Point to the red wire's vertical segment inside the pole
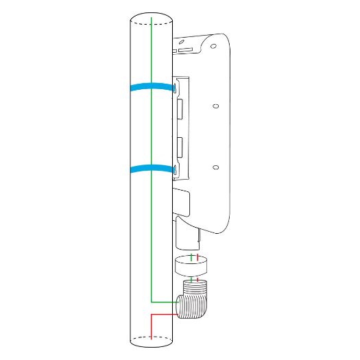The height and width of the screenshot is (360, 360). [151, 326]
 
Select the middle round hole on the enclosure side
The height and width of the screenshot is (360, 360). [215, 106]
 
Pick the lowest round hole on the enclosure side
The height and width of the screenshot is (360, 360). [215, 167]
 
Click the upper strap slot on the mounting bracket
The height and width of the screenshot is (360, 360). [176, 88]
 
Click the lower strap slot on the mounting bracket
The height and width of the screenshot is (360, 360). [176, 169]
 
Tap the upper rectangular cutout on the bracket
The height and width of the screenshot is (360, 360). [179, 110]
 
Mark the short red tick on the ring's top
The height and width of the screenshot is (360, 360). [198, 259]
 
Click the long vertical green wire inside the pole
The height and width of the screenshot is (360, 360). [151, 206]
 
